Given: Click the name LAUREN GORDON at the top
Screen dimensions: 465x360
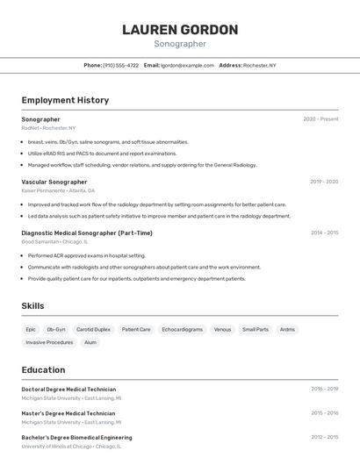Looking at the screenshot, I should [180, 30].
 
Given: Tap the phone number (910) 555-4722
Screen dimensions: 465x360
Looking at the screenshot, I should [120, 65].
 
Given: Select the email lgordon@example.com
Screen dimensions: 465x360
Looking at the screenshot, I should [186, 65].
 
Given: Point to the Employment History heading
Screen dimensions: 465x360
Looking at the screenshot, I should [65, 100].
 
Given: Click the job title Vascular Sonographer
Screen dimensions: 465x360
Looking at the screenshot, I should [54, 182].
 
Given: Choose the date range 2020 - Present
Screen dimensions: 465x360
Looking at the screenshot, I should [320, 119].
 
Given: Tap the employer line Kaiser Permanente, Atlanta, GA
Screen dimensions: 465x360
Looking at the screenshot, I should [58, 190].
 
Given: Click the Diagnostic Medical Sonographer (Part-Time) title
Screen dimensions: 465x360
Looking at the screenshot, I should [87, 232].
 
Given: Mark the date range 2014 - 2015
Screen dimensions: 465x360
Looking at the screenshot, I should [324, 232].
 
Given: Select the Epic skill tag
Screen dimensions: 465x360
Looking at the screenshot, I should [31, 330].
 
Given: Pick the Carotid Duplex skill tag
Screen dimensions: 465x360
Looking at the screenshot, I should [93, 330].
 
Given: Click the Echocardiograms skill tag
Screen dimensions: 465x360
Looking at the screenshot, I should [183, 330].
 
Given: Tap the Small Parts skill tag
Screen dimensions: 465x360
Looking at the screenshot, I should [256, 330].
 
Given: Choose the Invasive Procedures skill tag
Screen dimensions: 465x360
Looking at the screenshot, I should [49, 342].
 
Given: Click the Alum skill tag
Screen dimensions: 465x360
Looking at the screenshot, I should [90, 342].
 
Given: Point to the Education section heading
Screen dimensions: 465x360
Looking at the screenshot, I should [43, 369].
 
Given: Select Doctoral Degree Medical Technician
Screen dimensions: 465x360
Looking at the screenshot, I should [68, 389].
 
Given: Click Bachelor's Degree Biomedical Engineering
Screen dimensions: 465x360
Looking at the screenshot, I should [76, 437].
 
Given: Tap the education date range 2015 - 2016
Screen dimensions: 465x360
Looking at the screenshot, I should [324, 413].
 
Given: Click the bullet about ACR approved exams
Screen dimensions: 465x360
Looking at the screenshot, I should [87, 255].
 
